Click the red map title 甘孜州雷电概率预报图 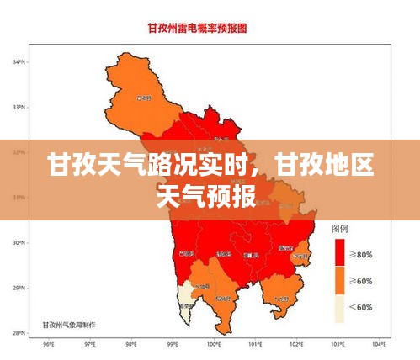tap(210, 28)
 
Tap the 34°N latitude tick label tap(19, 62)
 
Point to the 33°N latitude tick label tap(19, 107)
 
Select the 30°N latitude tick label tap(19, 243)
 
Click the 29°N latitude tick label tap(19, 289)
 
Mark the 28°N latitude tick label tap(19, 333)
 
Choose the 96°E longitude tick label tap(48, 344)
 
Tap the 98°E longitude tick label tap(131, 344)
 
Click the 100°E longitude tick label tap(214, 344)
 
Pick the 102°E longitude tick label tap(296, 344)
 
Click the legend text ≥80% tap(363, 254)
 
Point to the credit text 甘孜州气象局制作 tap(69, 323)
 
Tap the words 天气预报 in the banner tap(207, 196)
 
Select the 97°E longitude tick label tap(89, 344)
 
